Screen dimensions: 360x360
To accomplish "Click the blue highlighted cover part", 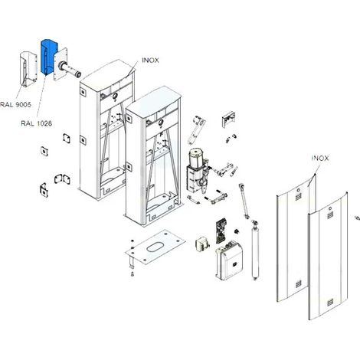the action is pyautogui.click(x=49, y=57).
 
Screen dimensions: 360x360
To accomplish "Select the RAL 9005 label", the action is pyautogui.click(x=15, y=104).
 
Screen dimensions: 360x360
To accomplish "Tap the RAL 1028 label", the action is pyautogui.click(x=37, y=123).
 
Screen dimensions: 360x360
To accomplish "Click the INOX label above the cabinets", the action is pyautogui.click(x=150, y=61).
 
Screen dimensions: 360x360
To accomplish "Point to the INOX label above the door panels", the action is pyautogui.click(x=320, y=159).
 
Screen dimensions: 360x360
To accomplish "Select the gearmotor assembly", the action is pyautogui.click(x=198, y=171).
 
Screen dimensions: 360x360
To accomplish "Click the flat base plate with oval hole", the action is pyautogui.click(x=155, y=247).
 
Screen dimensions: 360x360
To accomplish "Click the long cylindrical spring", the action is pyautogui.click(x=255, y=254).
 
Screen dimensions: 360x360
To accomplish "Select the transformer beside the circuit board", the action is pyautogui.click(x=202, y=245).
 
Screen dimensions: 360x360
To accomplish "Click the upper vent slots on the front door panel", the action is pyautogui.click(x=330, y=214).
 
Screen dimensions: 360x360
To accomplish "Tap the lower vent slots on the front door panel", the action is pyautogui.click(x=330, y=303).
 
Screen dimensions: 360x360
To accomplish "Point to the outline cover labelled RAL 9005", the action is pyautogui.click(x=28, y=69).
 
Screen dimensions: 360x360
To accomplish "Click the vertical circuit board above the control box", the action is pyautogui.click(x=221, y=230).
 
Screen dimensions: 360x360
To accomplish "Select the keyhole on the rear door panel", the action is pyautogui.click(x=298, y=190).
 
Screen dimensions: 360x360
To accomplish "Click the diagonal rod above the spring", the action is pyautogui.click(x=244, y=201).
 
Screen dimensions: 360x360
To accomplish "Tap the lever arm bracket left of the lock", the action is pyautogui.click(x=196, y=130).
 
